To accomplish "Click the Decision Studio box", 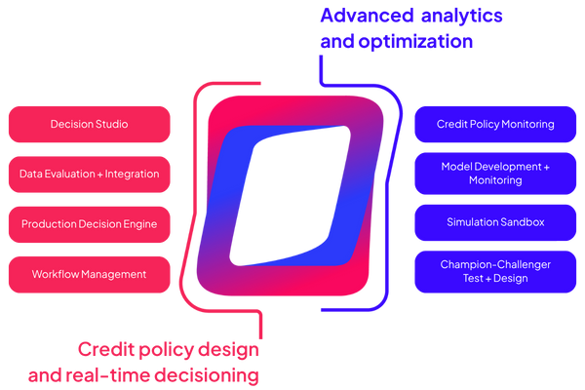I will pos(89,125).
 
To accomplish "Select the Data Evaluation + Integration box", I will pos(89,175).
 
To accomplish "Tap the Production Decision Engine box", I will pos(89,224).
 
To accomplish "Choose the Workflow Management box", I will pos(89,275).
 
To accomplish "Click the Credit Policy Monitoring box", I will pos(495,125).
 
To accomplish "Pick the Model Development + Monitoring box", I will pos(495,174).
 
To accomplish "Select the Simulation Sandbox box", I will pos(495,222).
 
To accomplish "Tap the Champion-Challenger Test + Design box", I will pos(495,272).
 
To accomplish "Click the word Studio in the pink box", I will pos(113,125).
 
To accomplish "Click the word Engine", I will pos(137,224).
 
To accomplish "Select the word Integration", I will pos(127,175).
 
